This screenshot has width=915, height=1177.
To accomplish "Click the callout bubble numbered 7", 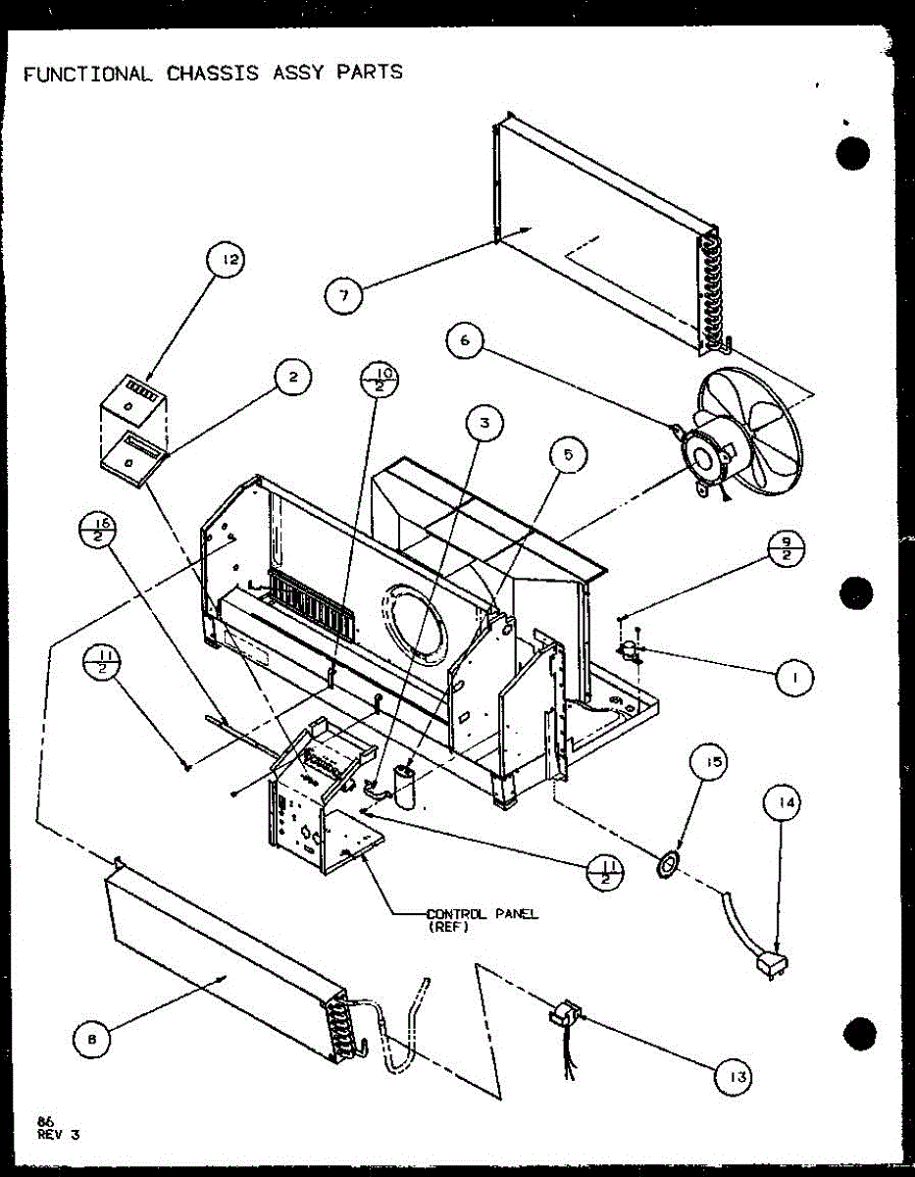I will point(344,294).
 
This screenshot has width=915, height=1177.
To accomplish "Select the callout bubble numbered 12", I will point(227,261).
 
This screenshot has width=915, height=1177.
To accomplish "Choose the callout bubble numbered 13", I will point(735,1077).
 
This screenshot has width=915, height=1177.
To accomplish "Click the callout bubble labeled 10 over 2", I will point(381,381).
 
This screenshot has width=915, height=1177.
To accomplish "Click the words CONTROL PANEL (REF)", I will point(482,920).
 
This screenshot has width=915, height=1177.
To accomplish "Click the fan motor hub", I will point(704,456).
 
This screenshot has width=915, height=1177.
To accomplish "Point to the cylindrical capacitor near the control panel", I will point(404,785).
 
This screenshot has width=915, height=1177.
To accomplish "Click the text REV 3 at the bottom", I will point(59,1135).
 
